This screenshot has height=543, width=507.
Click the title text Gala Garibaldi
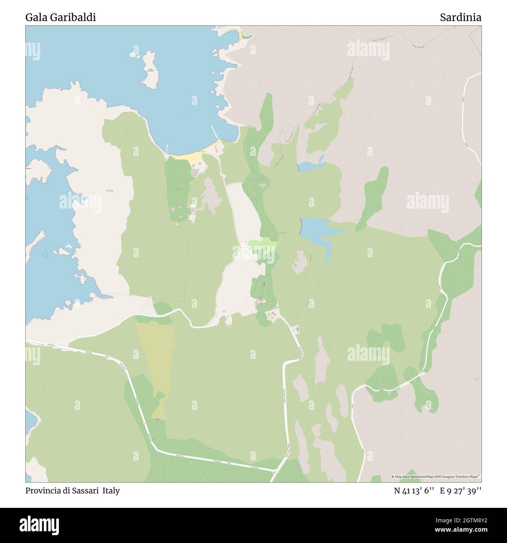point(60,18)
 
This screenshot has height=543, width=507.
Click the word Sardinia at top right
point(460,18)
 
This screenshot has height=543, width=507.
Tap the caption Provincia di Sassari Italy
point(73,491)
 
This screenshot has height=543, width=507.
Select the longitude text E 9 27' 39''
point(460,491)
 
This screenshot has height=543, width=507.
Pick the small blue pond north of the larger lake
point(310,166)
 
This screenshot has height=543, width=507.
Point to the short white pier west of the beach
point(167,149)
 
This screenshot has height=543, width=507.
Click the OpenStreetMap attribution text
point(436,477)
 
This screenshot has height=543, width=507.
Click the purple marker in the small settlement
point(273,312)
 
